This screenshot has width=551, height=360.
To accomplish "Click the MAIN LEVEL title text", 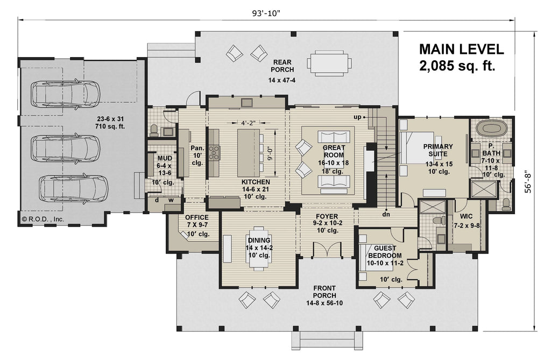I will pyautogui.click(x=462, y=50).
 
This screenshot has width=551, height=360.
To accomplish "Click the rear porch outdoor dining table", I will pyautogui.click(x=330, y=62).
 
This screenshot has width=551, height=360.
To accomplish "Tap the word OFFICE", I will pyautogui.click(x=196, y=217).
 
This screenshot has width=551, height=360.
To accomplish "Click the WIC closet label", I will pyautogui.click(x=464, y=217).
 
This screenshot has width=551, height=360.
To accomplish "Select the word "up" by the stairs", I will pyautogui.click(x=356, y=116).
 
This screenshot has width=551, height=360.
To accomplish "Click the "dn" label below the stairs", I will pyautogui.click(x=386, y=214).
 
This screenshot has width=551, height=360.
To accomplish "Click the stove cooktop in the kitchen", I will pyautogui.click(x=215, y=153).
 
